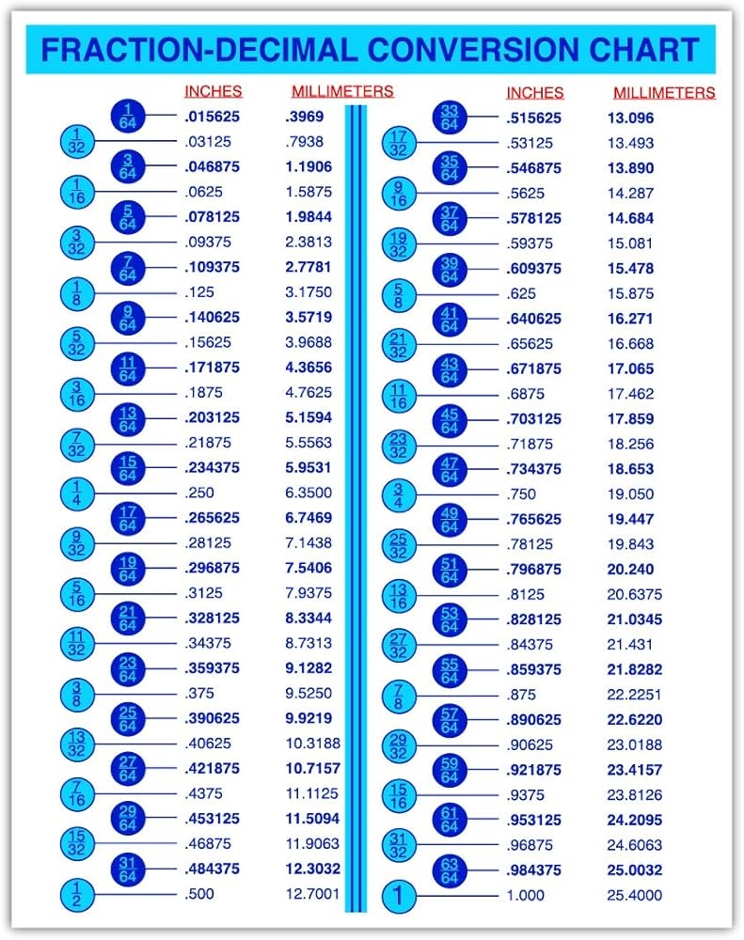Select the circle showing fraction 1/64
click(x=128, y=116)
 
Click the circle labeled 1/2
click(x=77, y=894)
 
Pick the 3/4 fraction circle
click(x=399, y=494)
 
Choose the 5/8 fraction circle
click(x=399, y=294)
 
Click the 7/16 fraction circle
click(x=77, y=794)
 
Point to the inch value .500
click(x=199, y=894)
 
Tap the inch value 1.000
click(x=525, y=896)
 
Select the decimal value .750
click(x=521, y=494)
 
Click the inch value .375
click(x=199, y=694)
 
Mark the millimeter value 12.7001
click(x=312, y=894)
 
